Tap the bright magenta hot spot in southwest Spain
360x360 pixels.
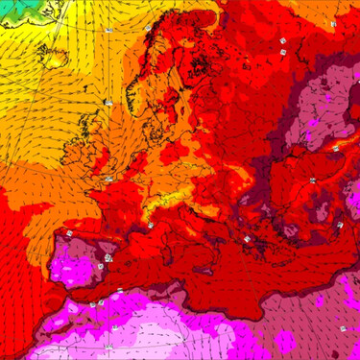pos(72,265)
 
